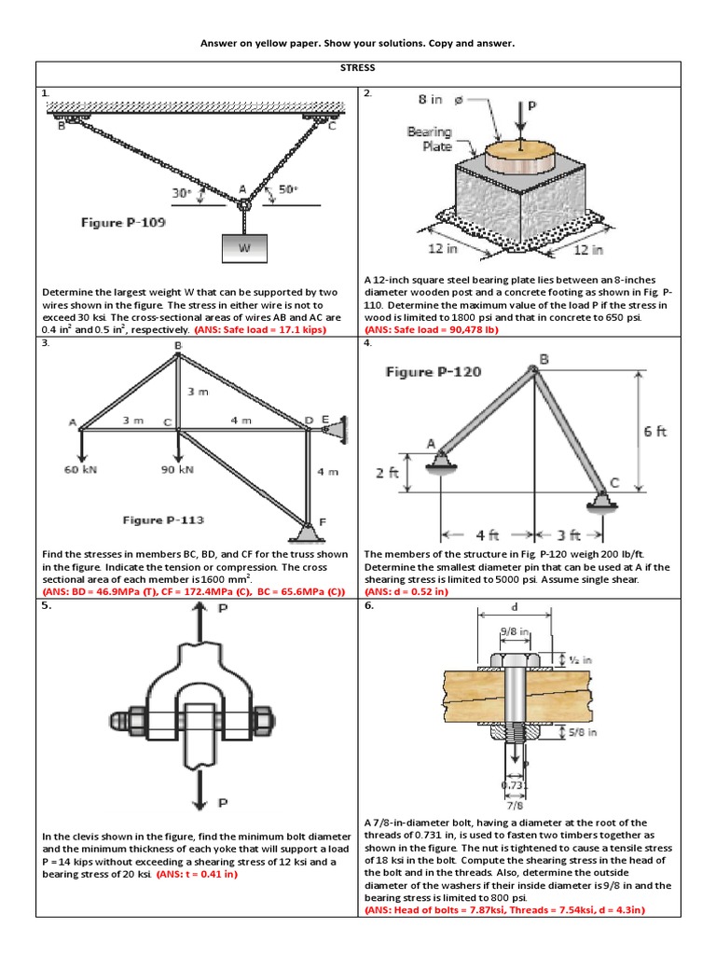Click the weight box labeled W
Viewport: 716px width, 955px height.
(244, 248)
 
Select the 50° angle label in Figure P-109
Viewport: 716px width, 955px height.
(288, 190)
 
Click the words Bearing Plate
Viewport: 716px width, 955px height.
(430, 139)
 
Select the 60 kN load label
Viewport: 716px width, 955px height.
(82, 470)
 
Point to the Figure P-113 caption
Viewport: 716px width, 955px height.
(163, 519)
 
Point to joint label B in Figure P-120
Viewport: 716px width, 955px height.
(544, 359)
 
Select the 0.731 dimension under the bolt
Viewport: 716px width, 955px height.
(514, 785)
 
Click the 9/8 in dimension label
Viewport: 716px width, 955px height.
(515, 632)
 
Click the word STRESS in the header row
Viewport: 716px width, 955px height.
(358, 68)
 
